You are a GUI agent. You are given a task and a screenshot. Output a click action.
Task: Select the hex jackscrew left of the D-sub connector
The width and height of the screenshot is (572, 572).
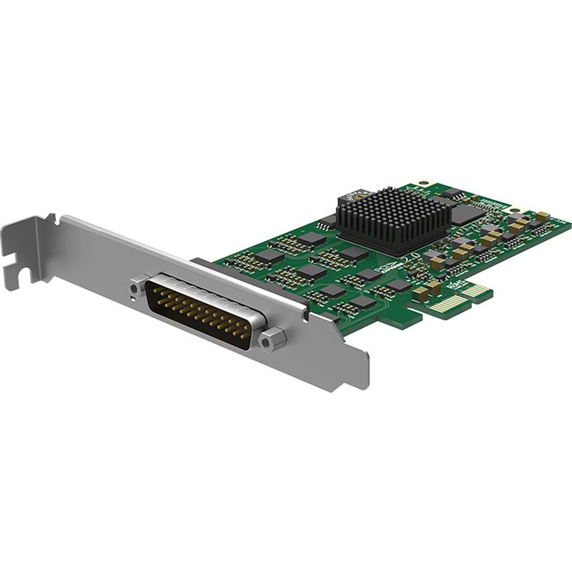(137, 287)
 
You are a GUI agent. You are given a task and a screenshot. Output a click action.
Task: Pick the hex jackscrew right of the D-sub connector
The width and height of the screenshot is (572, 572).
(270, 342)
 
